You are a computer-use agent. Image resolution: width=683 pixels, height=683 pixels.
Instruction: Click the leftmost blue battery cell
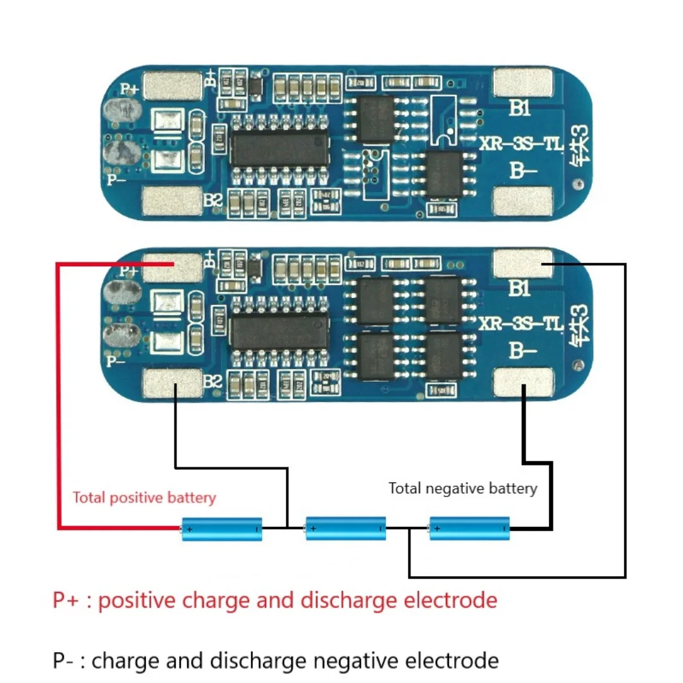coord(222,527)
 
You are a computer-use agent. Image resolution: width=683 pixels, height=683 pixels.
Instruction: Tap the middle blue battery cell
coord(345,527)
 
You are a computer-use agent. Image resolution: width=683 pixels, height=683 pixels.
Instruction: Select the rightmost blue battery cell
coord(469,527)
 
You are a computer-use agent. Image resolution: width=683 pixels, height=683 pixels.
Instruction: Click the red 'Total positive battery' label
coord(144,498)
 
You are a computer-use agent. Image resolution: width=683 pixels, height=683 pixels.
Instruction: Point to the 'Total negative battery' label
coord(462,488)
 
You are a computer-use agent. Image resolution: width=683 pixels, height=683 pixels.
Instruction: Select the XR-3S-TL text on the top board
coord(520,145)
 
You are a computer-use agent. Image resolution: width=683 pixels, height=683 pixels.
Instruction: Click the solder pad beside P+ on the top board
coord(173,86)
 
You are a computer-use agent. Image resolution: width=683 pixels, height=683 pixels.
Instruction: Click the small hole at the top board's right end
coord(576,184)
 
